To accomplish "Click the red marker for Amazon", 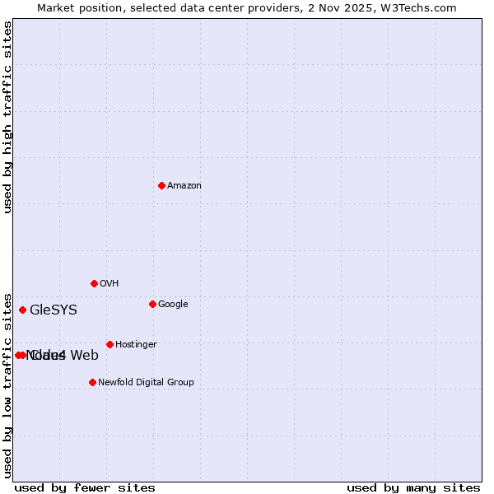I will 161,185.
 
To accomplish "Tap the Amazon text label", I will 184,186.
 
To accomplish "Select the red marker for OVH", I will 94,283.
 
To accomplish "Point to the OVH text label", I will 110,284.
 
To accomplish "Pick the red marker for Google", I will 152,304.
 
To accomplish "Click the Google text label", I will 173,305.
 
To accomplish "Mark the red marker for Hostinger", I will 110,344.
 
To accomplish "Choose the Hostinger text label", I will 136,345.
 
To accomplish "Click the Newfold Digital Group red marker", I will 92,382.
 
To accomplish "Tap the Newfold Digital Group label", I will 146,383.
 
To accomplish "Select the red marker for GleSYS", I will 22,310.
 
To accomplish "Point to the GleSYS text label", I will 54,310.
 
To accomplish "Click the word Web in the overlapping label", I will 85,356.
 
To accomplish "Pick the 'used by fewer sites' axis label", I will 85,488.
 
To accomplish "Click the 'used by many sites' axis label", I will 413,488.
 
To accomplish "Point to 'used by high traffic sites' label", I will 8,117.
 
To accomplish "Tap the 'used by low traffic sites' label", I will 8,384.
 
